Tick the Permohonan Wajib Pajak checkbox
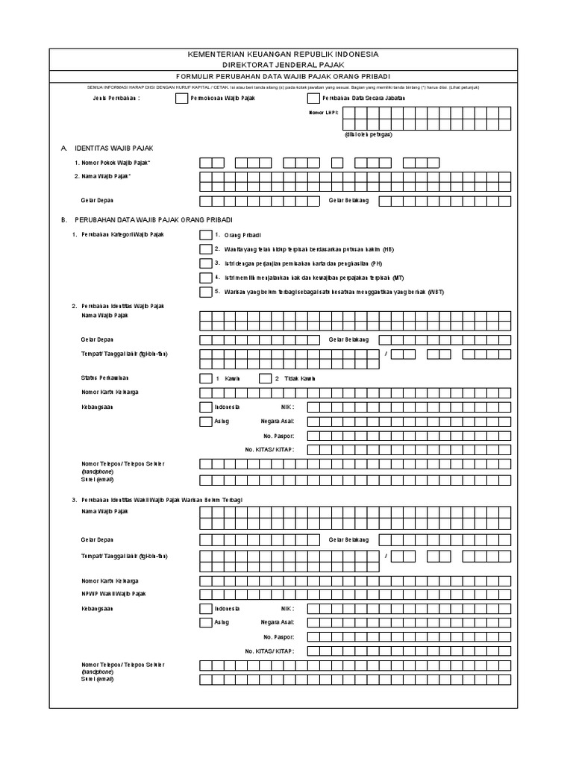[181, 98]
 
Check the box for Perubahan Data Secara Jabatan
[313, 98]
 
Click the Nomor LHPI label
[323, 113]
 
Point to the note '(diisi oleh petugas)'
[369, 134]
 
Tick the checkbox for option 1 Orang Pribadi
[206, 235]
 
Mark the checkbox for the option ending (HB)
[206, 249]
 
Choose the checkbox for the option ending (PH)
[206, 263]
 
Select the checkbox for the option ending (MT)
[206, 278]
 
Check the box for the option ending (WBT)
[206, 292]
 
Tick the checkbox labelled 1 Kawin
[206, 378]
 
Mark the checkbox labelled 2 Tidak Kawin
[265, 378]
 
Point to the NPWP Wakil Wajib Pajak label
[113, 593]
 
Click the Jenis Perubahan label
[116, 98]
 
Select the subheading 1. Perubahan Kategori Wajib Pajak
[122, 234]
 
